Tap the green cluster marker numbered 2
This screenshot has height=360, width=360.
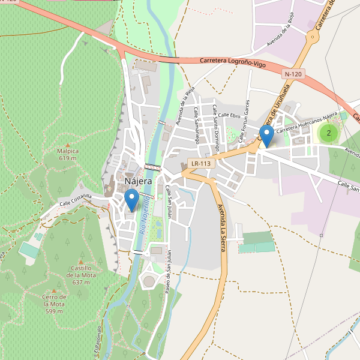click(x=328, y=133)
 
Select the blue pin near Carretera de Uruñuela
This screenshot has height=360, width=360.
click(x=266, y=136)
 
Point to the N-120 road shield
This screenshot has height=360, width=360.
click(x=293, y=74)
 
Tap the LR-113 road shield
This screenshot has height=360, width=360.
click(x=201, y=163)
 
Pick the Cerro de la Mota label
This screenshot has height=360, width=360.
click(x=54, y=304)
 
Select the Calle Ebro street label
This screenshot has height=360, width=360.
click(x=229, y=115)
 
